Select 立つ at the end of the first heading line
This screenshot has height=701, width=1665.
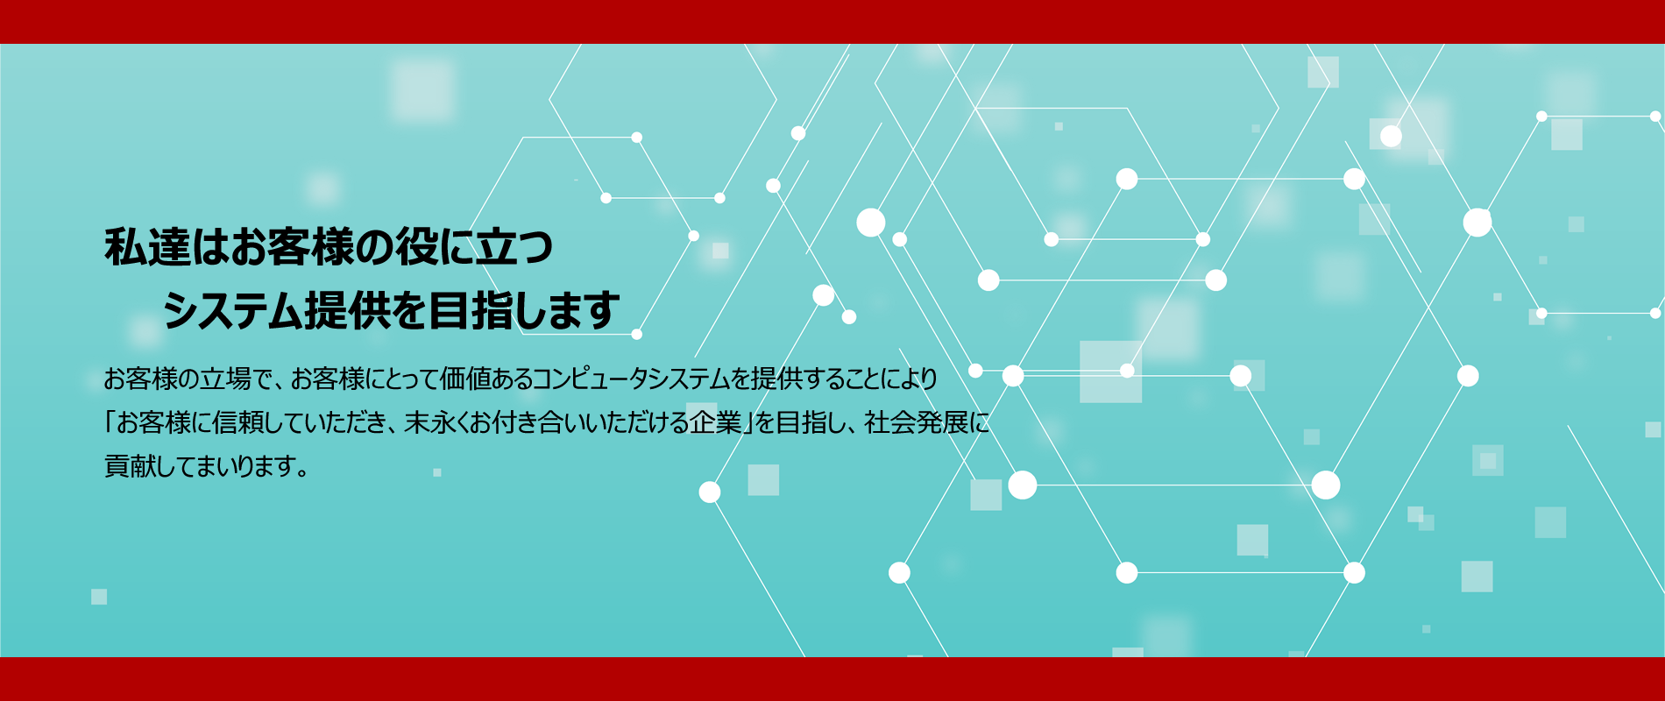(x=514, y=247)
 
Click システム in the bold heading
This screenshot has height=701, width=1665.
(x=232, y=310)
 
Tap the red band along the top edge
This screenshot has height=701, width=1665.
(x=832, y=22)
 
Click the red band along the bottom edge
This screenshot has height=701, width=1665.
(x=832, y=679)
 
